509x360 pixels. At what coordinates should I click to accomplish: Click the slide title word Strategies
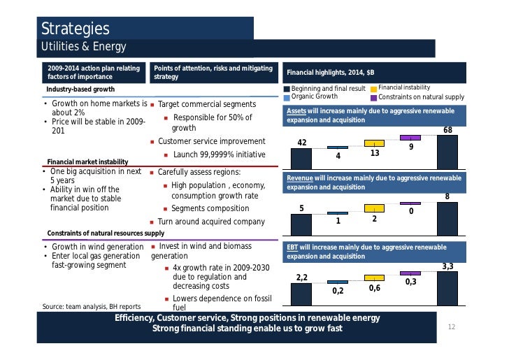click(x=76, y=29)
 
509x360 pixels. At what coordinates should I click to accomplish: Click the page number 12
click(x=451, y=326)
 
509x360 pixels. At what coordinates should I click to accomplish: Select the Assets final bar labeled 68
click(x=447, y=152)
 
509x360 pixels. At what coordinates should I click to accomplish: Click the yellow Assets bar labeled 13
click(x=374, y=143)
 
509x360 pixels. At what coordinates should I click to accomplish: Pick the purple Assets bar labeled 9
click(x=410, y=138)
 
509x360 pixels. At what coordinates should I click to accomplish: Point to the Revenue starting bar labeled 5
click(x=301, y=224)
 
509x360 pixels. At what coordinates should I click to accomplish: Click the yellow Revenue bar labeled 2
click(x=374, y=208)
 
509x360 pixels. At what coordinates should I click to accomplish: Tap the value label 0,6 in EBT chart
click(x=375, y=288)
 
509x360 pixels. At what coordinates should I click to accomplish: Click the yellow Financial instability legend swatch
click(x=373, y=89)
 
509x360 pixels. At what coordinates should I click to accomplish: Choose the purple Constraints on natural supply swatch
click(x=373, y=96)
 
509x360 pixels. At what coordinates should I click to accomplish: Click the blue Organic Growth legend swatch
click(x=287, y=96)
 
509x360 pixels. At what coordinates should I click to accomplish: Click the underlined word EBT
click(x=294, y=247)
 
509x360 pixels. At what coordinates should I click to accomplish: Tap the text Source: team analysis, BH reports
click(x=92, y=306)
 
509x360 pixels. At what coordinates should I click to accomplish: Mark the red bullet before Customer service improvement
click(x=152, y=142)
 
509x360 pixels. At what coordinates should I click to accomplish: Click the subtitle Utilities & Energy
click(x=83, y=48)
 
